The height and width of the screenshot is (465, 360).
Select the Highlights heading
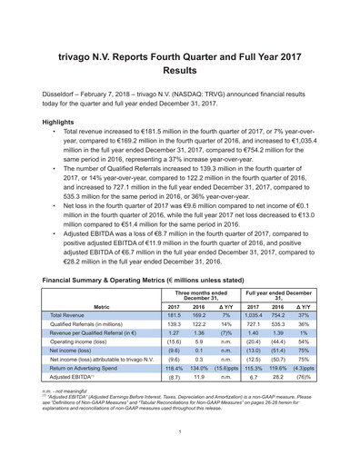(x=60, y=121)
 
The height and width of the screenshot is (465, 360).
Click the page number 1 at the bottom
(x=180, y=431)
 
